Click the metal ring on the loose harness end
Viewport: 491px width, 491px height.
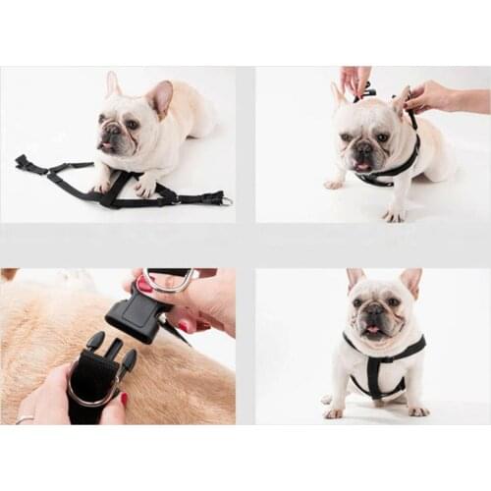point(226,200)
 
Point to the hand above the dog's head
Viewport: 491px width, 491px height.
point(355,79)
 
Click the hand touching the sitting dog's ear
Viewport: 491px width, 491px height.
point(429,96)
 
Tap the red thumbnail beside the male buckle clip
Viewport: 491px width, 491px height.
point(125,399)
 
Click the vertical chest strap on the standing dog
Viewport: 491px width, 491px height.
point(374,376)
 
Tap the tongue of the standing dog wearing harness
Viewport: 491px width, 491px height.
point(374,331)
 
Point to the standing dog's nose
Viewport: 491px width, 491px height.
point(374,311)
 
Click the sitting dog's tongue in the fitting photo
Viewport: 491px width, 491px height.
point(362,166)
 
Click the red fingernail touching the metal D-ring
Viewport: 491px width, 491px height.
point(144,284)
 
